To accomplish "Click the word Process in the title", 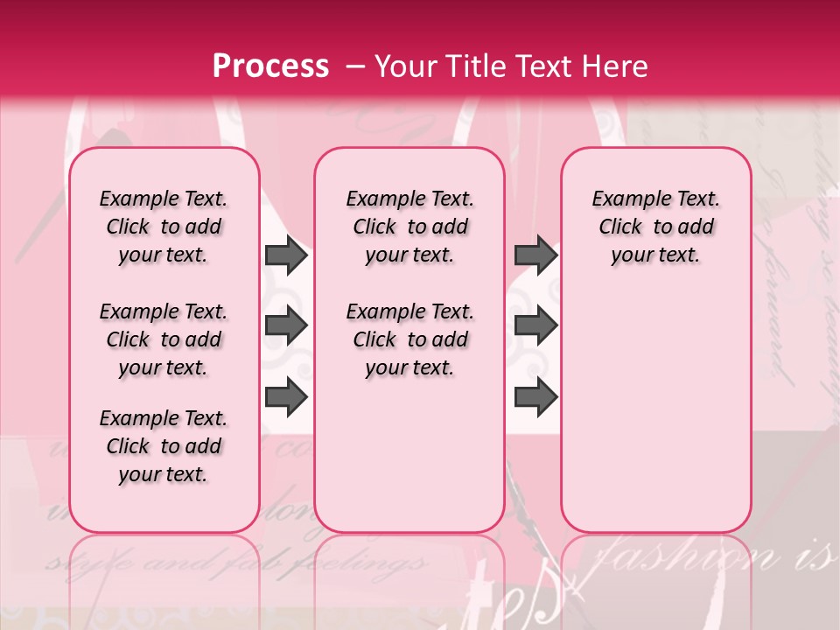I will coord(270,66).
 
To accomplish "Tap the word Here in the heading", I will coord(617,66).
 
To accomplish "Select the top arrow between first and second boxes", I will coord(286,255).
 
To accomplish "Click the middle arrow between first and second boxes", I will coord(286,326).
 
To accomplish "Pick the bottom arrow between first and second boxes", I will coord(286,397).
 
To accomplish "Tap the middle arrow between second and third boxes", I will coord(535,326).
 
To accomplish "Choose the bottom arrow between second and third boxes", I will coord(535,397).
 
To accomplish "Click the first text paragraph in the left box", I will coord(164,227).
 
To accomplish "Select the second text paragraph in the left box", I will coord(164,339).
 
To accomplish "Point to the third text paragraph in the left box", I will coord(164,446).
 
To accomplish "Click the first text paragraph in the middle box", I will coord(410,227).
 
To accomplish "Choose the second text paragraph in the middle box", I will coord(410,339).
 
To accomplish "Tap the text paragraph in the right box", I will coord(656,227).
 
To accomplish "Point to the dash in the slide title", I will coord(355,66).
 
